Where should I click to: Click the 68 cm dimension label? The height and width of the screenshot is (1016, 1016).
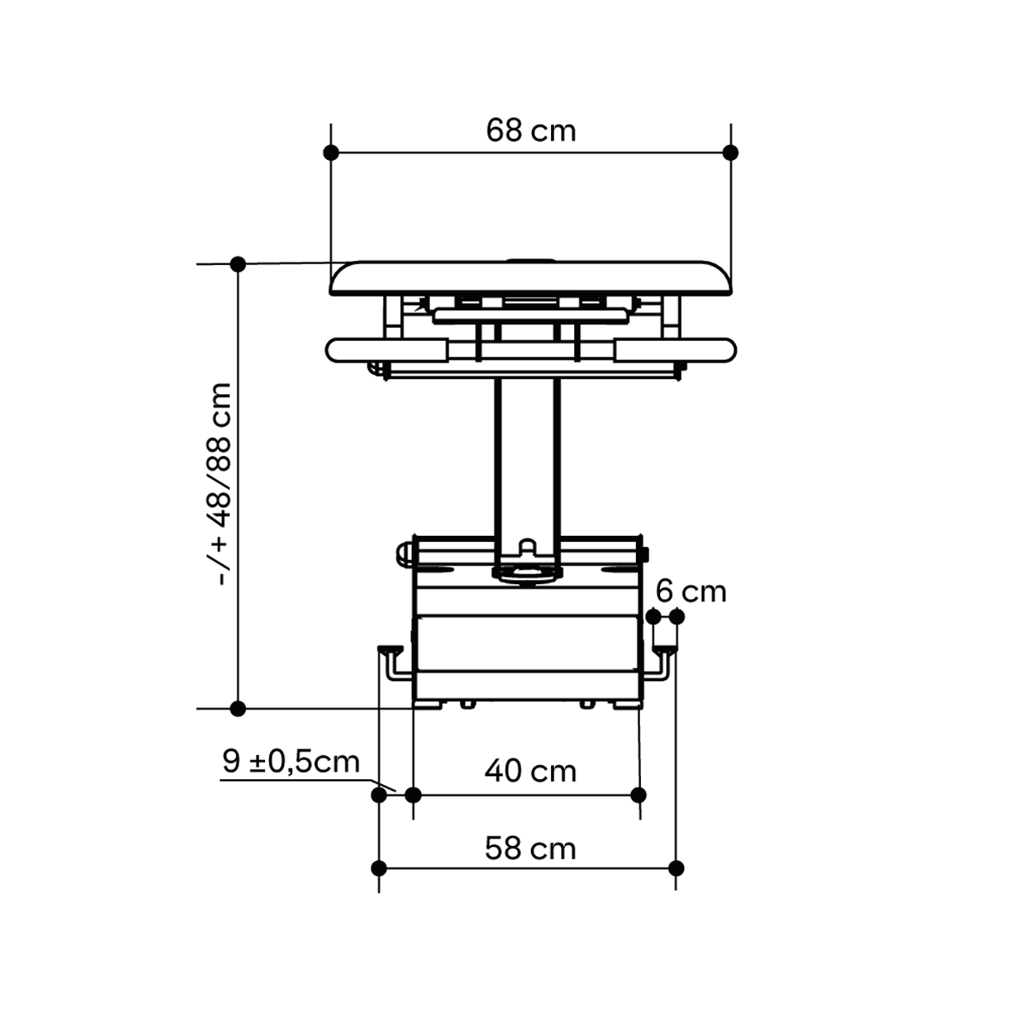click(530, 130)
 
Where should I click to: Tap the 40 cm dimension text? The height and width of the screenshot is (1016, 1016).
click(530, 771)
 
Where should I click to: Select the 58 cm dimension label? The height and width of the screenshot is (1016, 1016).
click(530, 848)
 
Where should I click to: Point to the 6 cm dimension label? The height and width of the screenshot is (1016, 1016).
click(691, 591)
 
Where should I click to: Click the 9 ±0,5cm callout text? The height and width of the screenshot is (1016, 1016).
click(291, 761)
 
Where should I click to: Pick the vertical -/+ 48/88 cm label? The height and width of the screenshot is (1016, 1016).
click(220, 484)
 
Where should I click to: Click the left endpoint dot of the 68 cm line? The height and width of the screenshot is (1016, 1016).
click(331, 153)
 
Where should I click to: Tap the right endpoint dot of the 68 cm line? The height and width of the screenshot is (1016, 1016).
click(730, 153)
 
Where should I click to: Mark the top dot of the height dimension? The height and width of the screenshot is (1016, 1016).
click(238, 264)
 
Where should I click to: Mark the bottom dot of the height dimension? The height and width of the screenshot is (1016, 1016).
click(238, 708)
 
